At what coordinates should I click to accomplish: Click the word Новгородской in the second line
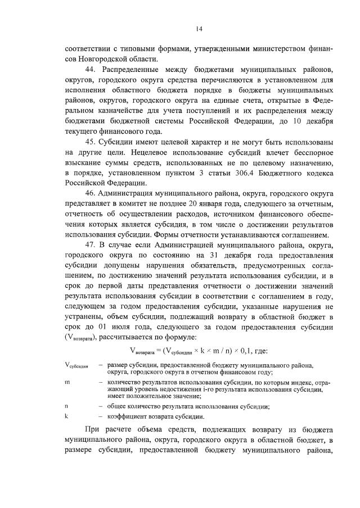tap(105, 58)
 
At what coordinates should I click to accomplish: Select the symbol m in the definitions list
tap(67, 382)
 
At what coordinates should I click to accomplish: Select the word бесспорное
tap(297, 151)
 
